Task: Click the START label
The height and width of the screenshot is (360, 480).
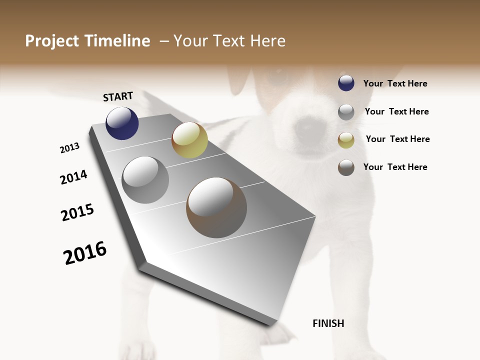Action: pos(118,96)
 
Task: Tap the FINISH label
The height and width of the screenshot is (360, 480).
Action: pos(328,323)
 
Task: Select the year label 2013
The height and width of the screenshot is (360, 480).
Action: pos(69,148)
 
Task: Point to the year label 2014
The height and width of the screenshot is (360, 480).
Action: pos(73,177)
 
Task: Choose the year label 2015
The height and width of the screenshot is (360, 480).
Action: pos(77,212)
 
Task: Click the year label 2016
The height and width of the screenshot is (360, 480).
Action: pos(85,253)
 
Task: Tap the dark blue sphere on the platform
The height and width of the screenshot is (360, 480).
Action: pos(122,123)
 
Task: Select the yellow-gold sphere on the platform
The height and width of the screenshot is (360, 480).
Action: pos(189,140)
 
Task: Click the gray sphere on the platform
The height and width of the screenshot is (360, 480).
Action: pos(145,180)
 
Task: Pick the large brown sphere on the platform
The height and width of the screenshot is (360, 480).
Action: pos(216,207)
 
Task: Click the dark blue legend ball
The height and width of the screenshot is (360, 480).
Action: pos(346,83)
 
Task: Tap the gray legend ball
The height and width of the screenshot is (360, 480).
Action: pos(346,112)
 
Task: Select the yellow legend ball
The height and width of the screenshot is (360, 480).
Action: pos(346,140)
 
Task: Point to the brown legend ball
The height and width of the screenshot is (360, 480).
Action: pos(346,168)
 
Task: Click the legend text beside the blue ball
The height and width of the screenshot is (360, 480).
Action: pos(395,84)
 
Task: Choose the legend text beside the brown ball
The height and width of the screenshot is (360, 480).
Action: pos(395,167)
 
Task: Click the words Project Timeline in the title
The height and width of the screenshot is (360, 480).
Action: pos(87,41)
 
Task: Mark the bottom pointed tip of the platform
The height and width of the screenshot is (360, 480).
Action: pos(272,324)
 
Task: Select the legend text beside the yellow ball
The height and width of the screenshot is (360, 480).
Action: pos(397,139)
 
